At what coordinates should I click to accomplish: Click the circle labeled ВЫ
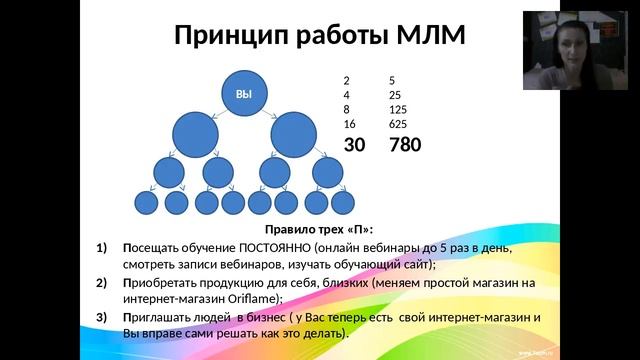[244, 94]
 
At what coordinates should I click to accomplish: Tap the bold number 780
[405, 145]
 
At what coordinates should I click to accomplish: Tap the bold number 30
[355, 145]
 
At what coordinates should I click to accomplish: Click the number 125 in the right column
[398, 109]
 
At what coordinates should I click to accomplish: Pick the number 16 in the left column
[349, 124]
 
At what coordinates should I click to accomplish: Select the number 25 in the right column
[395, 94]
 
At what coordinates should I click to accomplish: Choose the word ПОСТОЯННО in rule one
[273, 248]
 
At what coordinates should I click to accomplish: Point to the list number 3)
[103, 317]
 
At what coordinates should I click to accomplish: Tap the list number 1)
[103, 248]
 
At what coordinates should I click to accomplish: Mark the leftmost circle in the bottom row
[147, 204]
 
